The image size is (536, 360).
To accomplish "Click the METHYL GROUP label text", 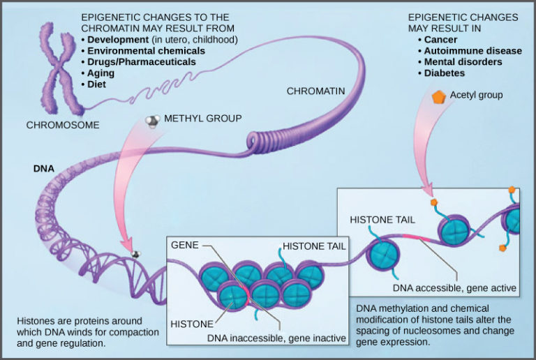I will click(202, 119).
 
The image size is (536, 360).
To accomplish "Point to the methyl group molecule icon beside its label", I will click(151, 121).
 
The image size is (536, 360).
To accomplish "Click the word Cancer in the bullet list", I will click(440, 40).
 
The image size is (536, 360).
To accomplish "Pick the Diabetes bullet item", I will click(445, 73).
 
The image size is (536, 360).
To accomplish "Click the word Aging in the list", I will click(102, 73).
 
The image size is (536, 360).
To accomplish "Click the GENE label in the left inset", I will click(185, 246).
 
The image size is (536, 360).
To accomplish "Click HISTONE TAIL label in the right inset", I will click(382, 219).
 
